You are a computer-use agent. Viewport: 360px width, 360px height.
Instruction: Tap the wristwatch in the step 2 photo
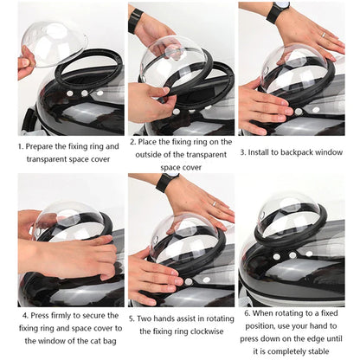[136, 20]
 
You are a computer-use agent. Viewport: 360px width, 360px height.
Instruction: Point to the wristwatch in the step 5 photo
[167, 182]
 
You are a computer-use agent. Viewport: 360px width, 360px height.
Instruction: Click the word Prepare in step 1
[43, 146]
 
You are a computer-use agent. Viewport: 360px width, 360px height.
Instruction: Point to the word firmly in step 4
[53, 317]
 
